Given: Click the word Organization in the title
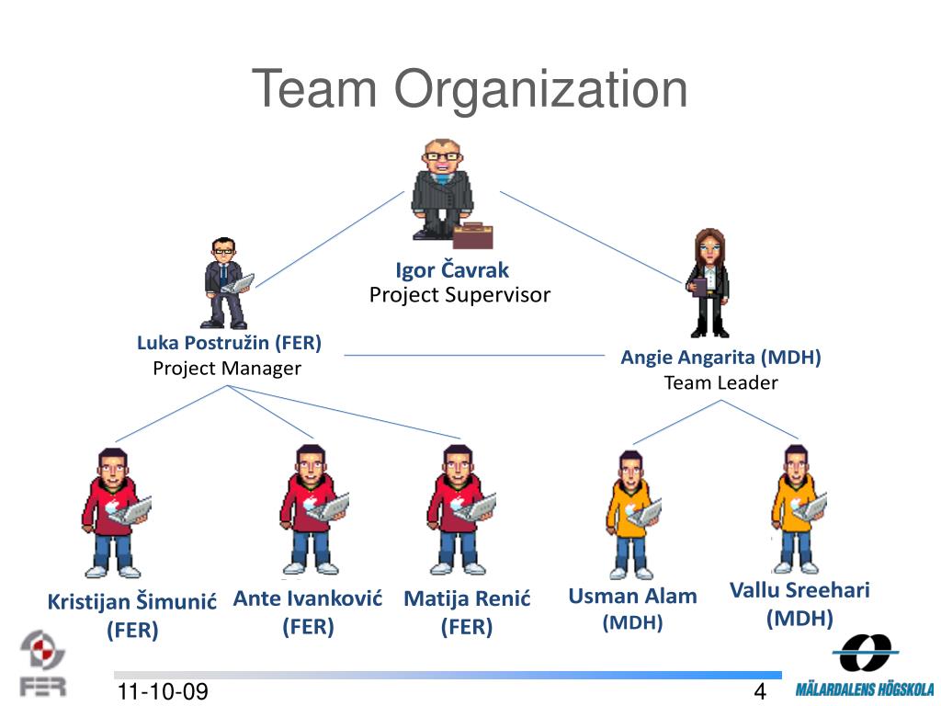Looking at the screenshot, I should click(541, 90).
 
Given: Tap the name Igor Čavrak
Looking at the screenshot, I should click(452, 270).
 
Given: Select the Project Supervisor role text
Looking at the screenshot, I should click(459, 295).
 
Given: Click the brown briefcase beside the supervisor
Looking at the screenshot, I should click(472, 235).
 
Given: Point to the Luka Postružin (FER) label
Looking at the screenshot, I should click(229, 344).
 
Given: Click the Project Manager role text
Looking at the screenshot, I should click(227, 369).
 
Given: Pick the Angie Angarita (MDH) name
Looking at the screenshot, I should click(720, 358).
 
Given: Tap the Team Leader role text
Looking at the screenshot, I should click(720, 382).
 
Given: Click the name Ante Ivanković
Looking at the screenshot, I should click(308, 599).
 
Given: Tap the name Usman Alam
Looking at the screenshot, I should click(632, 596).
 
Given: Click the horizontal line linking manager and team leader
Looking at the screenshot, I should click(473, 355).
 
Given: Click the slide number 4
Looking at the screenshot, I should click(760, 692).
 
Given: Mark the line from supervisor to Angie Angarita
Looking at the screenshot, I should click(593, 238).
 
